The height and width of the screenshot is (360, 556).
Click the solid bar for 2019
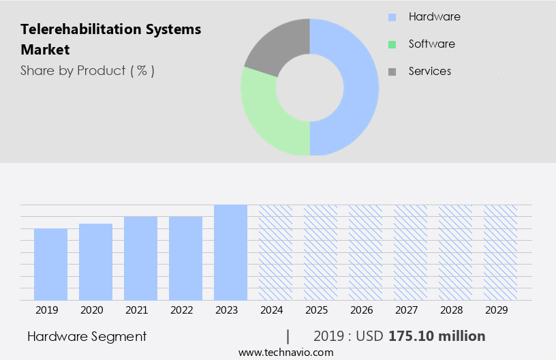(x=50, y=265)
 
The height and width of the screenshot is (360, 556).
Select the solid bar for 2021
(x=140, y=258)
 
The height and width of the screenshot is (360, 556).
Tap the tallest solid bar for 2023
(x=230, y=252)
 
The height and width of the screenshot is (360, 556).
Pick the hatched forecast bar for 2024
(x=275, y=252)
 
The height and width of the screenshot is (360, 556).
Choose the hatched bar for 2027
(x=410, y=252)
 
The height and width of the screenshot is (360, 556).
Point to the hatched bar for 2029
(x=500, y=252)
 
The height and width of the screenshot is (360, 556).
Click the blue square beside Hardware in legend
(x=392, y=17)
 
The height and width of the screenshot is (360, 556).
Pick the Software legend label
(x=431, y=44)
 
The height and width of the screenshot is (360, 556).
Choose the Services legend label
(x=429, y=71)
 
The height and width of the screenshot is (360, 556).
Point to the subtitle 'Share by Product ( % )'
(x=87, y=70)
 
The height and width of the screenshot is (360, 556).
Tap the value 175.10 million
(x=437, y=336)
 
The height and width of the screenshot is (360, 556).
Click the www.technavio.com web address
(x=285, y=352)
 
